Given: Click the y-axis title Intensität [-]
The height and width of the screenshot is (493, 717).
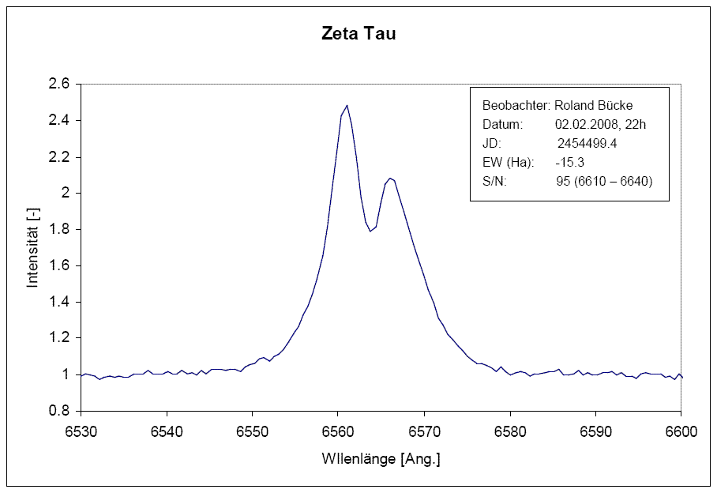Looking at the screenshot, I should (32, 247).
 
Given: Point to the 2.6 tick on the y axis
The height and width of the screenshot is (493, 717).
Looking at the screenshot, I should (60, 85).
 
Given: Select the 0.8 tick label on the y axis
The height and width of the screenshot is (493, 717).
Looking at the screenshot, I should (60, 412).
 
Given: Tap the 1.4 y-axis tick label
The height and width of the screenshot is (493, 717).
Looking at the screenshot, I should (60, 303).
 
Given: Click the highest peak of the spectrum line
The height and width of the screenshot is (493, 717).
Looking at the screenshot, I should (347, 105).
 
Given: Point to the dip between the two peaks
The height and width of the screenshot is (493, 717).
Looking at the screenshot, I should (370, 231).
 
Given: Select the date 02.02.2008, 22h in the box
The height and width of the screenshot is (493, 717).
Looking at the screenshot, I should (601, 125).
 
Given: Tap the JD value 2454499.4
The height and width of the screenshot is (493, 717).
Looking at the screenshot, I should (587, 144).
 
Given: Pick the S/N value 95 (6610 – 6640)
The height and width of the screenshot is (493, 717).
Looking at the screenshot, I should (605, 182).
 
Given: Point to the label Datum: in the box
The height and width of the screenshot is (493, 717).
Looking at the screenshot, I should (503, 125).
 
